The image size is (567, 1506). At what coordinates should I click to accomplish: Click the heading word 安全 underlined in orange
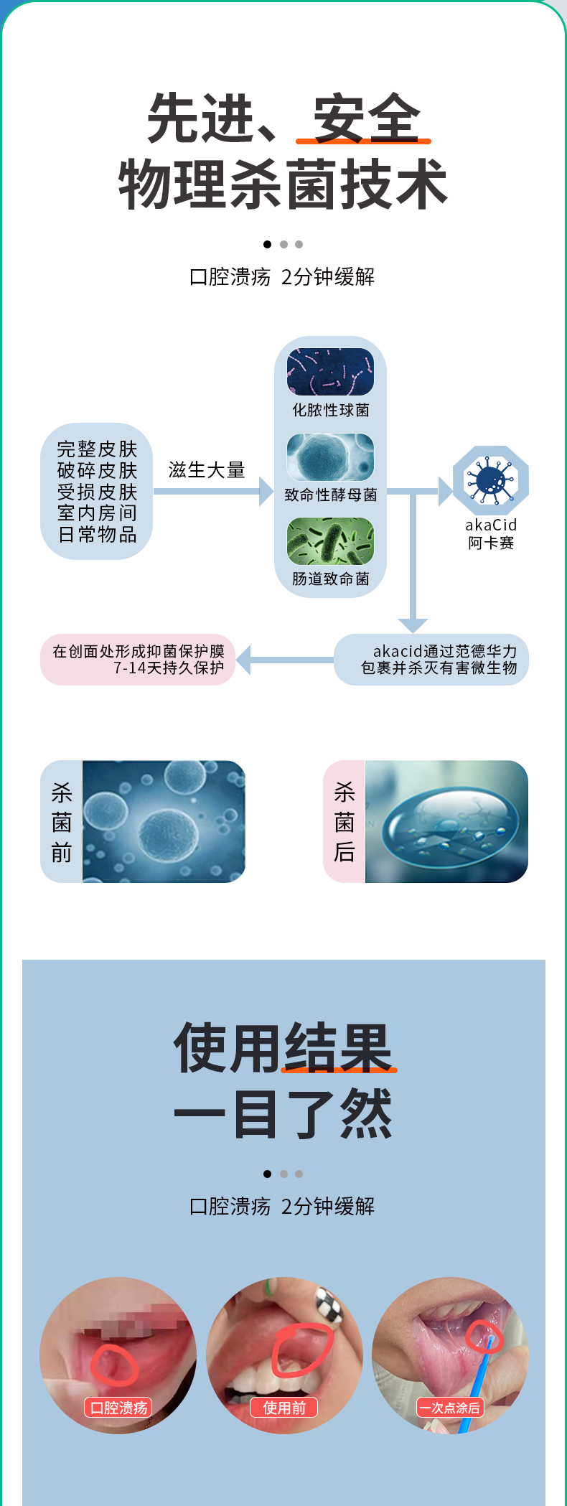pyautogui.click(x=366, y=118)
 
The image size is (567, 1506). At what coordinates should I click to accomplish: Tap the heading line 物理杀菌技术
pyautogui.click(x=283, y=185)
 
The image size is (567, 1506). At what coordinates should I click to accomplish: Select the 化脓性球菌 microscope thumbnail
pyautogui.click(x=330, y=372)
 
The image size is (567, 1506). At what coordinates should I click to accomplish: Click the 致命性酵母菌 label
pyautogui.click(x=330, y=495)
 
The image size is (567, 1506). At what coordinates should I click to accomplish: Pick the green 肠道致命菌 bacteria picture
pyautogui.click(x=330, y=541)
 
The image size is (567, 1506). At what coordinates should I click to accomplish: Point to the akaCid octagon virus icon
pyautogui.click(x=491, y=480)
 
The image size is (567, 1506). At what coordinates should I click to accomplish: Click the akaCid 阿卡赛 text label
pyautogui.click(x=491, y=534)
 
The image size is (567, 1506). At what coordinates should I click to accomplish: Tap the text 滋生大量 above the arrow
pyautogui.click(x=207, y=470)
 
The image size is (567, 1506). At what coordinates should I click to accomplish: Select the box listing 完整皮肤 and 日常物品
pyautogui.click(x=97, y=492)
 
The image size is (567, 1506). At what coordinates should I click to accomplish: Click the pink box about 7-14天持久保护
pyautogui.click(x=138, y=660)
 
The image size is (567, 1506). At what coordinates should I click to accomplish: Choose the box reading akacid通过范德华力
pyautogui.click(x=431, y=660)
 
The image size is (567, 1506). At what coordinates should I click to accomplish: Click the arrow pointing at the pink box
pyautogui.click(x=248, y=660)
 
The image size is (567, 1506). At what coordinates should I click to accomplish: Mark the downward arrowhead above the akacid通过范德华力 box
pyautogui.click(x=413, y=625)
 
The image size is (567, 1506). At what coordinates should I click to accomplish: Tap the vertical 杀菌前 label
pyautogui.click(x=62, y=822)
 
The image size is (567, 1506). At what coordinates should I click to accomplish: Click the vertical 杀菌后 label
pyautogui.click(x=345, y=822)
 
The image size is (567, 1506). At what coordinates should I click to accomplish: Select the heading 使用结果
pyautogui.click(x=283, y=1048)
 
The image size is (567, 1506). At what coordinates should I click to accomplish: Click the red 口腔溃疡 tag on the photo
pyautogui.click(x=118, y=1408)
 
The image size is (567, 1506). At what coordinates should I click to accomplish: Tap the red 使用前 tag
pyautogui.click(x=283, y=1408)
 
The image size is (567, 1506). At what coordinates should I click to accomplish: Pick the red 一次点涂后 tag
pyautogui.click(x=450, y=1408)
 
